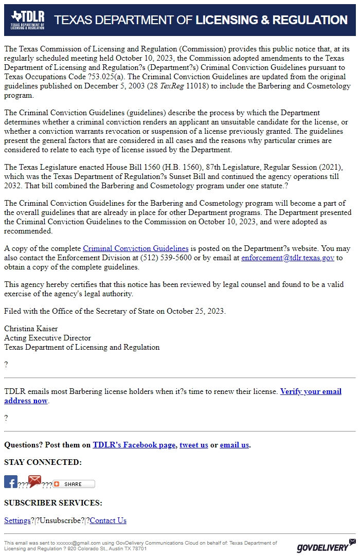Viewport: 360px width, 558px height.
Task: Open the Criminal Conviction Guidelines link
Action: point(135,248)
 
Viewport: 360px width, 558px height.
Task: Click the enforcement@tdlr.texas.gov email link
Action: point(287,258)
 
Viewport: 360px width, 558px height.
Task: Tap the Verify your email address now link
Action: point(311,391)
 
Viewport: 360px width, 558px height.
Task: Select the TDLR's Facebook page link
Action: point(134,445)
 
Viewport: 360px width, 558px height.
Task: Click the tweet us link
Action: point(193,445)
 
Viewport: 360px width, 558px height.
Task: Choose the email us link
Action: point(234,445)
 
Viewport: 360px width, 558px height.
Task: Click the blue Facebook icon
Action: point(11,482)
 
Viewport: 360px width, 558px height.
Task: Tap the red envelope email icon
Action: point(34,481)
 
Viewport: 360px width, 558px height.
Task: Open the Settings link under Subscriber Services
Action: point(17,520)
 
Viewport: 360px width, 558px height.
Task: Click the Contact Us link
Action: point(108,520)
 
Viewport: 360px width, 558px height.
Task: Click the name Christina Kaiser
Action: point(31,329)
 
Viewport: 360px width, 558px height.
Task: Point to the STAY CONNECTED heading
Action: point(43,462)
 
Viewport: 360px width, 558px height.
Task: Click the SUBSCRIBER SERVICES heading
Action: point(53,502)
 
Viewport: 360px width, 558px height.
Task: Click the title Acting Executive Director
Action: point(47,338)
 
